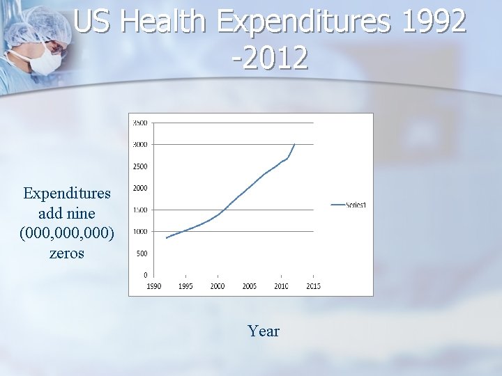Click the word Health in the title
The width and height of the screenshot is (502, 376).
[164, 22]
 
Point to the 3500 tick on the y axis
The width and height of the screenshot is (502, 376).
[139, 123]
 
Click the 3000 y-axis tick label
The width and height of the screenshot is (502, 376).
[139, 145]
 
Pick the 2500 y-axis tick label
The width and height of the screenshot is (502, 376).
[139, 166]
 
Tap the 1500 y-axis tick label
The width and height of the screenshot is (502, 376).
[139, 210]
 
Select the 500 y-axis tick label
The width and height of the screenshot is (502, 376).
[142, 253]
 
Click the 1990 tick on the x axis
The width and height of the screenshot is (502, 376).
[153, 286]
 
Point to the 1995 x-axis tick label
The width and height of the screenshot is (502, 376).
[185, 286]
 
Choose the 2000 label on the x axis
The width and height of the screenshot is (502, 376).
[218, 286]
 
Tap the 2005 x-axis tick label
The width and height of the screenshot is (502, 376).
[249, 286]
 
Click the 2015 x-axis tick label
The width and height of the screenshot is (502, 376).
[313, 286]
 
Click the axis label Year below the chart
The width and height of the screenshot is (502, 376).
[264, 331]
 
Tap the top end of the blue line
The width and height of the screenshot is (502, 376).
[295, 144]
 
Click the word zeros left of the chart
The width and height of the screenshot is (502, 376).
[67, 253]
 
